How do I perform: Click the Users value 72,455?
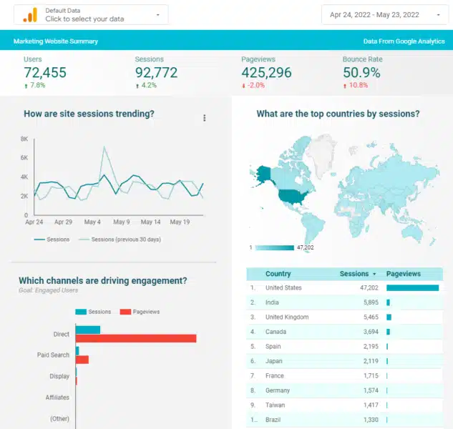coord(46,72)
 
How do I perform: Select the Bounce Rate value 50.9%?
coord(361,72)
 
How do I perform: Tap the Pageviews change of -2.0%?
coord(254,86)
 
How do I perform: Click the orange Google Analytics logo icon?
coord(30,15)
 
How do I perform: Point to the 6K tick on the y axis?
coord(24,158)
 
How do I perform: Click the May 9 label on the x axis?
coord(121,222)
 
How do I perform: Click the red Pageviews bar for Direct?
coord(136,338)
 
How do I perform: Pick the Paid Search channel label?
coord(53,355)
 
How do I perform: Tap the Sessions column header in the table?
coord(354,274)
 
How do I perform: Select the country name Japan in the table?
coord(273,361)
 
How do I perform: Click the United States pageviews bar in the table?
coord(412,288)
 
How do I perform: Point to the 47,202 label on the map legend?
coord(305,247)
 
